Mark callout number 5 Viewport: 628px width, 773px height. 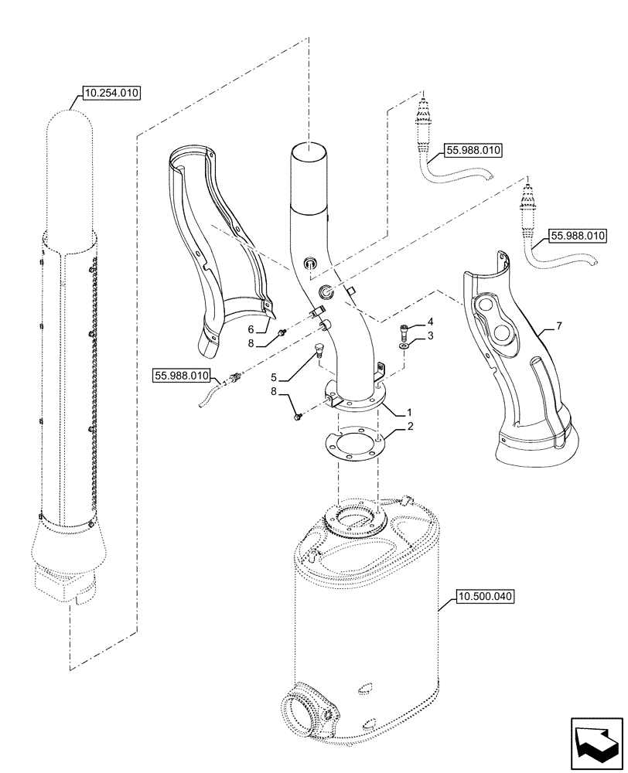[274, 378]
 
